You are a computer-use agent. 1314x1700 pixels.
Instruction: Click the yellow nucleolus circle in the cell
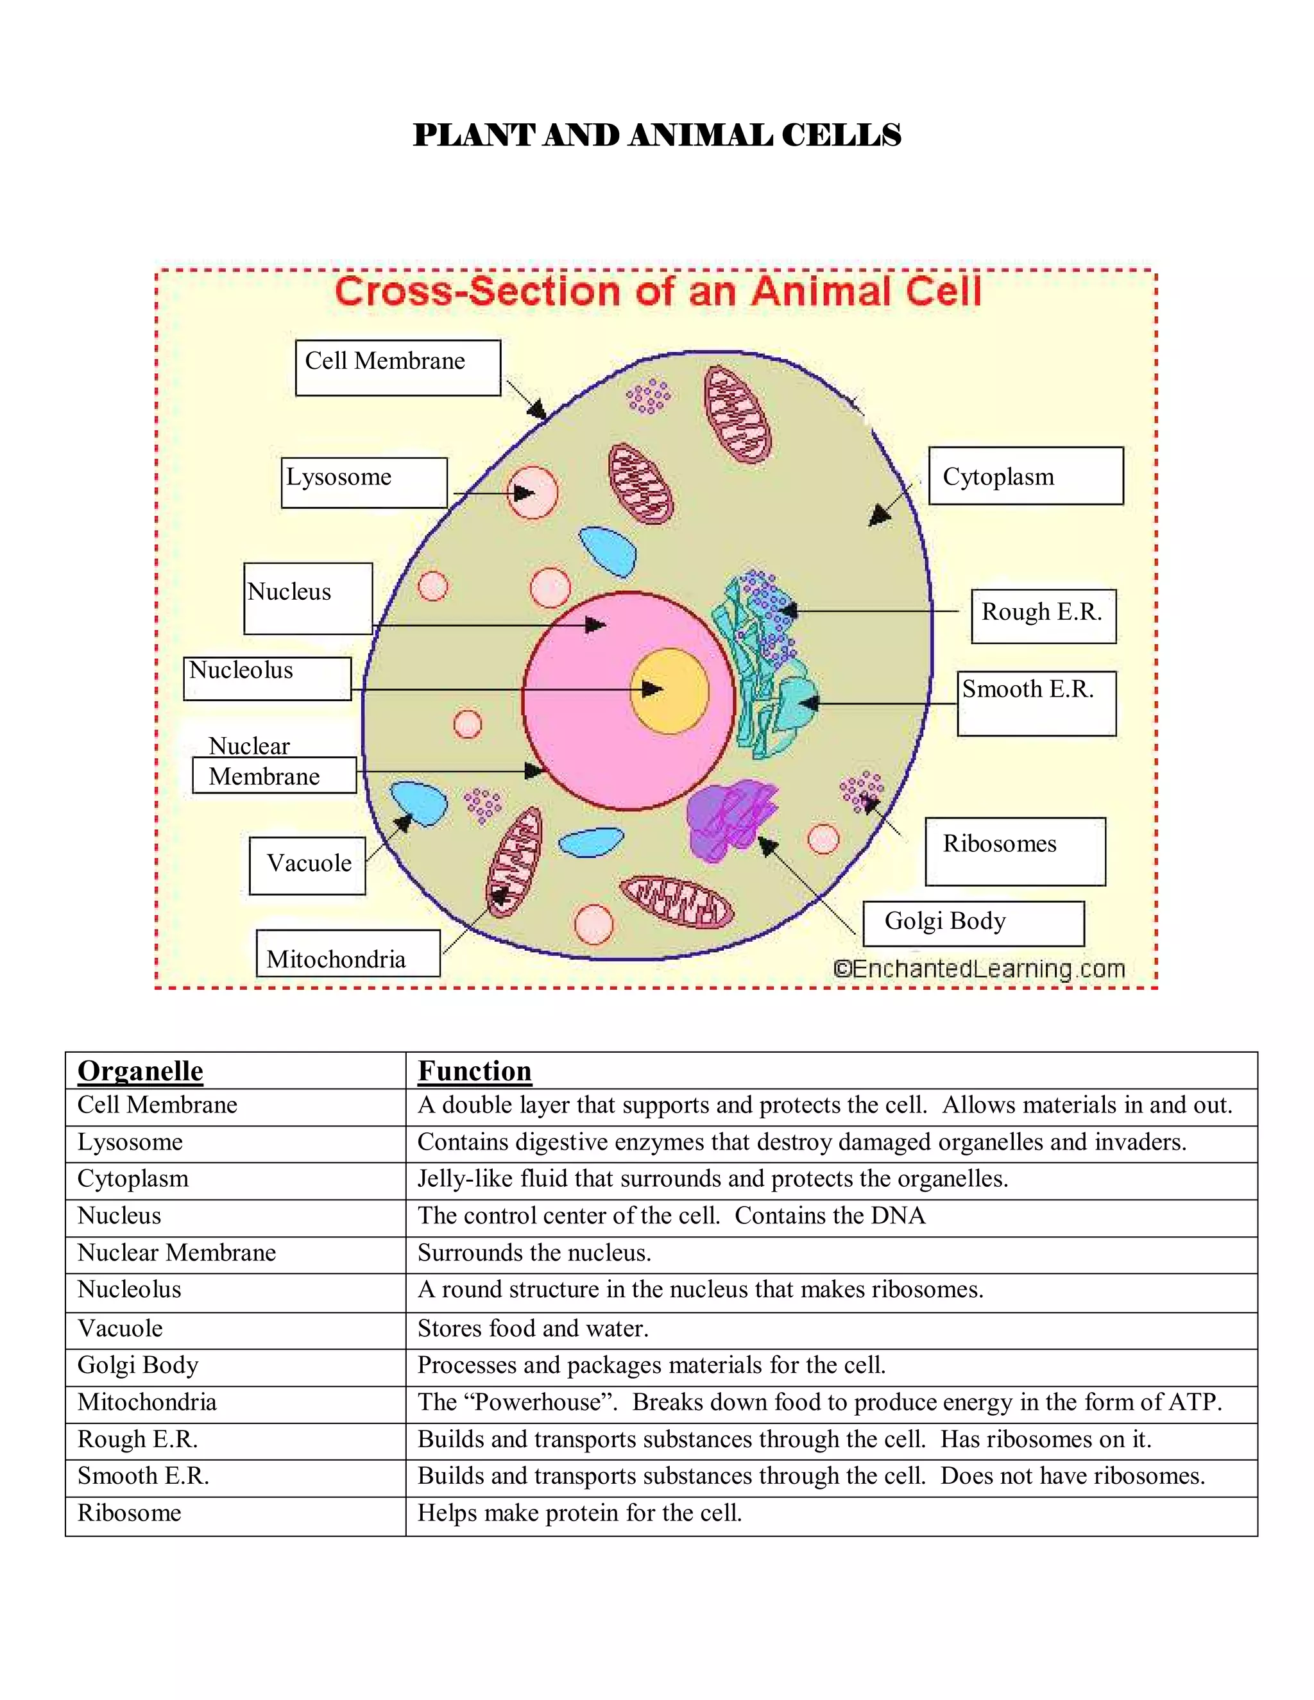tap(669, 690)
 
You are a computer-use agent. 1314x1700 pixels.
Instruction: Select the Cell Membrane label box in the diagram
tap(398, 368)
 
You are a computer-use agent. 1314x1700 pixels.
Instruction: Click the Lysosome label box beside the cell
tap(364, 482)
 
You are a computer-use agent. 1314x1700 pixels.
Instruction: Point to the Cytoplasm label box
tap(1025, 475)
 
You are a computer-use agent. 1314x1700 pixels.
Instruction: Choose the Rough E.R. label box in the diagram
tap(1043, 616)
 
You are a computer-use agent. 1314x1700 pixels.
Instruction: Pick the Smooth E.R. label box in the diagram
tap(1036, 703)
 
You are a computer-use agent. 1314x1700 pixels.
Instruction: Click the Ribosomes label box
tap(1014, 851)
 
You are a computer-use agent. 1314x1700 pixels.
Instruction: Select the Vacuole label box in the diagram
tap(307, 865)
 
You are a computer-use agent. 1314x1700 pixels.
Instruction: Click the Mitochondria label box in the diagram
tap(347, 953)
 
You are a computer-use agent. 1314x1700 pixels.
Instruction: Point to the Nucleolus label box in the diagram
tap(267, 678)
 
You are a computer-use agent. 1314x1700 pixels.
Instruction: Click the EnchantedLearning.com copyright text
tap(978, 969)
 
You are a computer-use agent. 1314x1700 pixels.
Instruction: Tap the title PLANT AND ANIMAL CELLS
tap(657, 135)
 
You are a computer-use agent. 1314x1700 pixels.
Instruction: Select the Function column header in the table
tap(475, 1071)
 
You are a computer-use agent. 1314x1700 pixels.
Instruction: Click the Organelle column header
tap(140, 1071)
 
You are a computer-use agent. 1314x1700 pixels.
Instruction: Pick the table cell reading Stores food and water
tap(533, 1328)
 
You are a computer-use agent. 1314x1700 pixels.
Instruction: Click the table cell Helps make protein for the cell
tap(580, 1513)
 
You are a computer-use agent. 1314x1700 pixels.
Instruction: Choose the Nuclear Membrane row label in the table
tap(176, 1252)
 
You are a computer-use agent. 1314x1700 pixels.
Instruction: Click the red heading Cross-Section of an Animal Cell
tap(658, 292)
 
